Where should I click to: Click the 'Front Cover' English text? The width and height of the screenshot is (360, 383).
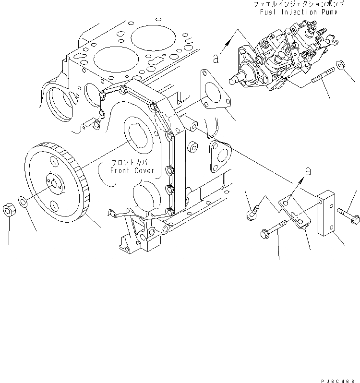click(x=132, y=170)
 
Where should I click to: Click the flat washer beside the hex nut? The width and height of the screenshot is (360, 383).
click(x=23, y=200)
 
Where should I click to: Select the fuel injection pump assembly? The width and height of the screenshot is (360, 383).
click(x=278, y=58)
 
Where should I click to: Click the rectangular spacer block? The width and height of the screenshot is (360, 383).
click(x=318, y=214)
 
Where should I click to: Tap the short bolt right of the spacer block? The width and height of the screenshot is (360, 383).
click(x=348, y=215)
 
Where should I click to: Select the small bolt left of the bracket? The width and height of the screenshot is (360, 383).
click(x=252, y=212)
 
